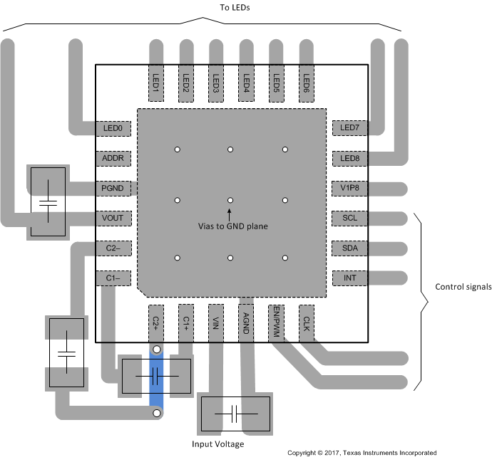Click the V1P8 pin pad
[x=350, y=188]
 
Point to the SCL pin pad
[x=350, y=218]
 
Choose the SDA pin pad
[x=350, y=248]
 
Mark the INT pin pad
[x=350, y=278]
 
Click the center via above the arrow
[x=230, y=201]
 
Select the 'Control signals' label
[x=463, y=288]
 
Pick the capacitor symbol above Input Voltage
[x=235, y=414]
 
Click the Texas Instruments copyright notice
[x=362, y=452]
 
